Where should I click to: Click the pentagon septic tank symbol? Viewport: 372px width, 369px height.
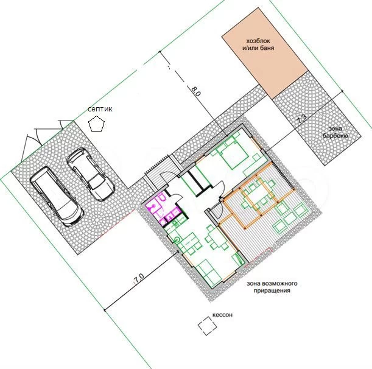click(x=96, y=124)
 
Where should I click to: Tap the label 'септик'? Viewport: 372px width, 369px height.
click(x=100, y=109)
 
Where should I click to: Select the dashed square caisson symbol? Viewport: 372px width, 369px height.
click(x=208, y=326)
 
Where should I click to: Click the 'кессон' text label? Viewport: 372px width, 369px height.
click(x=222, y=315)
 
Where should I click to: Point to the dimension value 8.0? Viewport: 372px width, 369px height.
click(x=196, y=91)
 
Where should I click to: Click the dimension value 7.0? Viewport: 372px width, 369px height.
click(x=139, y=278)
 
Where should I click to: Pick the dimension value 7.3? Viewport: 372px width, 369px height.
click(x=302, y=119)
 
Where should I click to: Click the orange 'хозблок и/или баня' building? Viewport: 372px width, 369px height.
click(x=265, y=53)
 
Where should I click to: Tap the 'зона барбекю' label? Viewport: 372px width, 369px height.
click(x=335, y=132)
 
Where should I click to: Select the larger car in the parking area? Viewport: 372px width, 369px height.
click(x=57, y=196)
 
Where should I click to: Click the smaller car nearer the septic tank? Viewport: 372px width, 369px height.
click(x=90, y=174)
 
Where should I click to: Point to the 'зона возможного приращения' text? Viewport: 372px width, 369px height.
click(x=272, y=287)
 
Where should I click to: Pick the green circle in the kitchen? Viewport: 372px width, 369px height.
click(x=177, y=240)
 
